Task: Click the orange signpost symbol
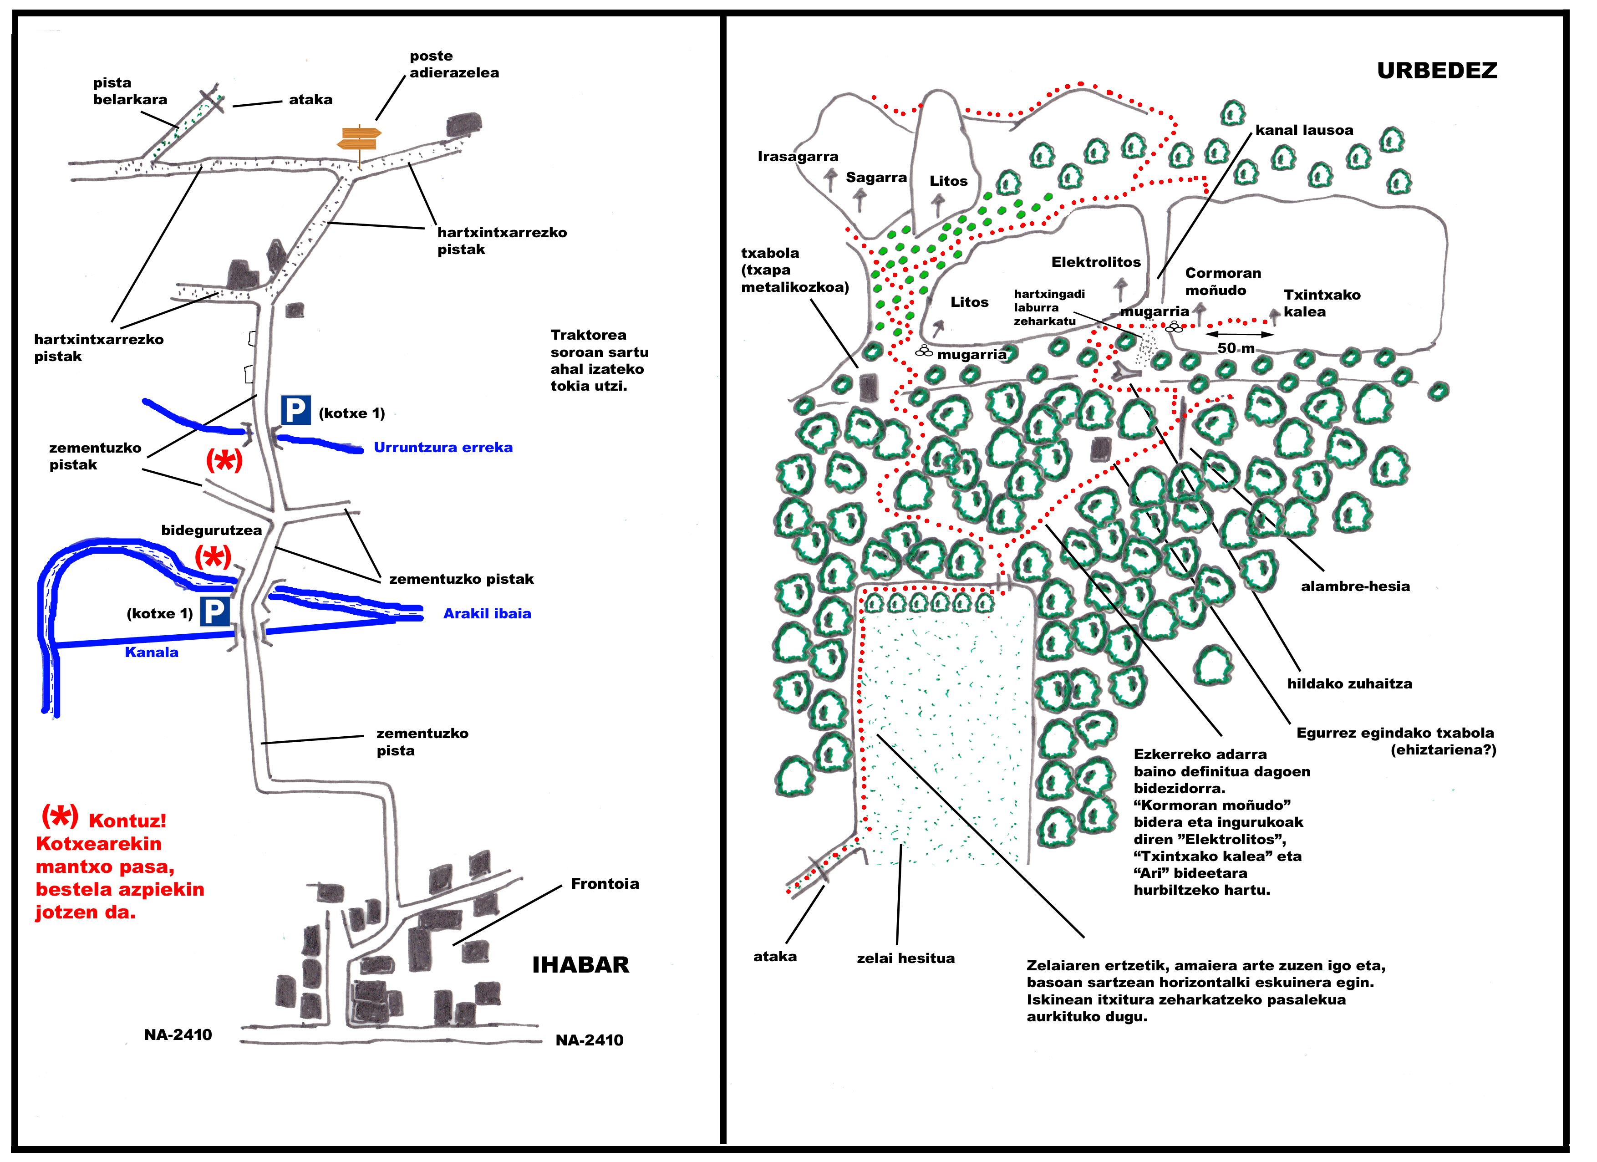[x=360, y=139]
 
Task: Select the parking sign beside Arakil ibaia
[x=215, y=612]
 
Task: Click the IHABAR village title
[x=580, y=965]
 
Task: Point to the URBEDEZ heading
[x=1436, y=71]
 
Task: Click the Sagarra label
[x=876, y=178]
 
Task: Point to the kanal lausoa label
[x=1304, y=130]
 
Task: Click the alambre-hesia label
[x=1355, y=586]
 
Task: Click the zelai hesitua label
[x=905, y=958]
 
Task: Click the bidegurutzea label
[x=211, y=530]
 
